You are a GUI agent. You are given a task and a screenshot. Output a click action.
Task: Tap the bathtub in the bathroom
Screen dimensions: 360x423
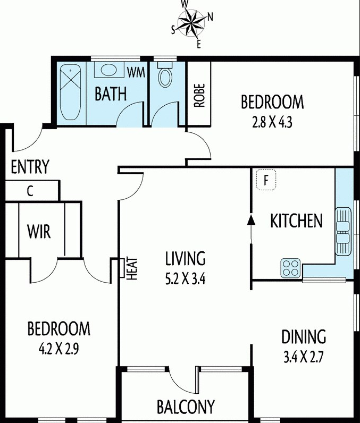pyautogui.click(x=70, y=92)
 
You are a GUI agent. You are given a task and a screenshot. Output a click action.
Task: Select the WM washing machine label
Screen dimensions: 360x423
pyautogui.click(x=136, y=72)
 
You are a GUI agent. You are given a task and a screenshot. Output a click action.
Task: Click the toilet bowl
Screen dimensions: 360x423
pyautogui.click(x=165, y=78)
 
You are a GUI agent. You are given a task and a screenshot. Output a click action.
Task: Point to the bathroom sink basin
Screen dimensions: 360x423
pyautogui.click(x=108, y=70)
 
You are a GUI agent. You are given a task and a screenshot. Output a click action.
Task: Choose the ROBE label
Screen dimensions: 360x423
pyautogui.click(x=199, y=96)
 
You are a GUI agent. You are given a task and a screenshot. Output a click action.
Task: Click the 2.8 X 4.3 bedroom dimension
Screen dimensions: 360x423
pyautogui.click(x=272, y=123)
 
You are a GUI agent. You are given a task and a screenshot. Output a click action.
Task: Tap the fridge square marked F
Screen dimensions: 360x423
pyautogui.click(x=266, y=180)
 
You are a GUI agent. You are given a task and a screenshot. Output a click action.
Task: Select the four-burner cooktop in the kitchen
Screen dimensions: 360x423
pyautogui.click(x=291, y=268)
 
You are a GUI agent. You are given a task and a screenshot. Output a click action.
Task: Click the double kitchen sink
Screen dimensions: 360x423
pyautogui.click(x=343, y=231)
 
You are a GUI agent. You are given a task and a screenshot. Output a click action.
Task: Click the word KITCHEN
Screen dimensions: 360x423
pyautogui.click(x=296, y=221)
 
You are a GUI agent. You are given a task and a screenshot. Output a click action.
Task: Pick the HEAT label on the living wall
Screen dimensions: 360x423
pyautogui.click(x=132, y=269)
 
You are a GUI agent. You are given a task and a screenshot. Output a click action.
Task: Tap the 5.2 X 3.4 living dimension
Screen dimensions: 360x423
pyautogui.click(x=185, y=278)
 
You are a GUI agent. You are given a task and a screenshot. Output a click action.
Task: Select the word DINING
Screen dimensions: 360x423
pyautogui.click(x=304, y=337)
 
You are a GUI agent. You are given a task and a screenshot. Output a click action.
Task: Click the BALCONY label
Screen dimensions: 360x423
pyautogui.click(x=186, y=407)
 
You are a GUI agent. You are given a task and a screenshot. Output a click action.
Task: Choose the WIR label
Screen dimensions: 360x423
pyautogui.click(x=39, y=232)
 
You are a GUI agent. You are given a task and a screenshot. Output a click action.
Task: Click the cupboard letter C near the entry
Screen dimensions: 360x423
pyautogui.click(x=30, y=191)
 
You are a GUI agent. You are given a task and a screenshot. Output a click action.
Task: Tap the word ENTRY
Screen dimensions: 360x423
pyautogui.click(x=30, y=166)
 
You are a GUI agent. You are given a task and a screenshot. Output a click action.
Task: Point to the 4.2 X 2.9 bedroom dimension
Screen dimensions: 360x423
pyautogui.click(x=59, y=349)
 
